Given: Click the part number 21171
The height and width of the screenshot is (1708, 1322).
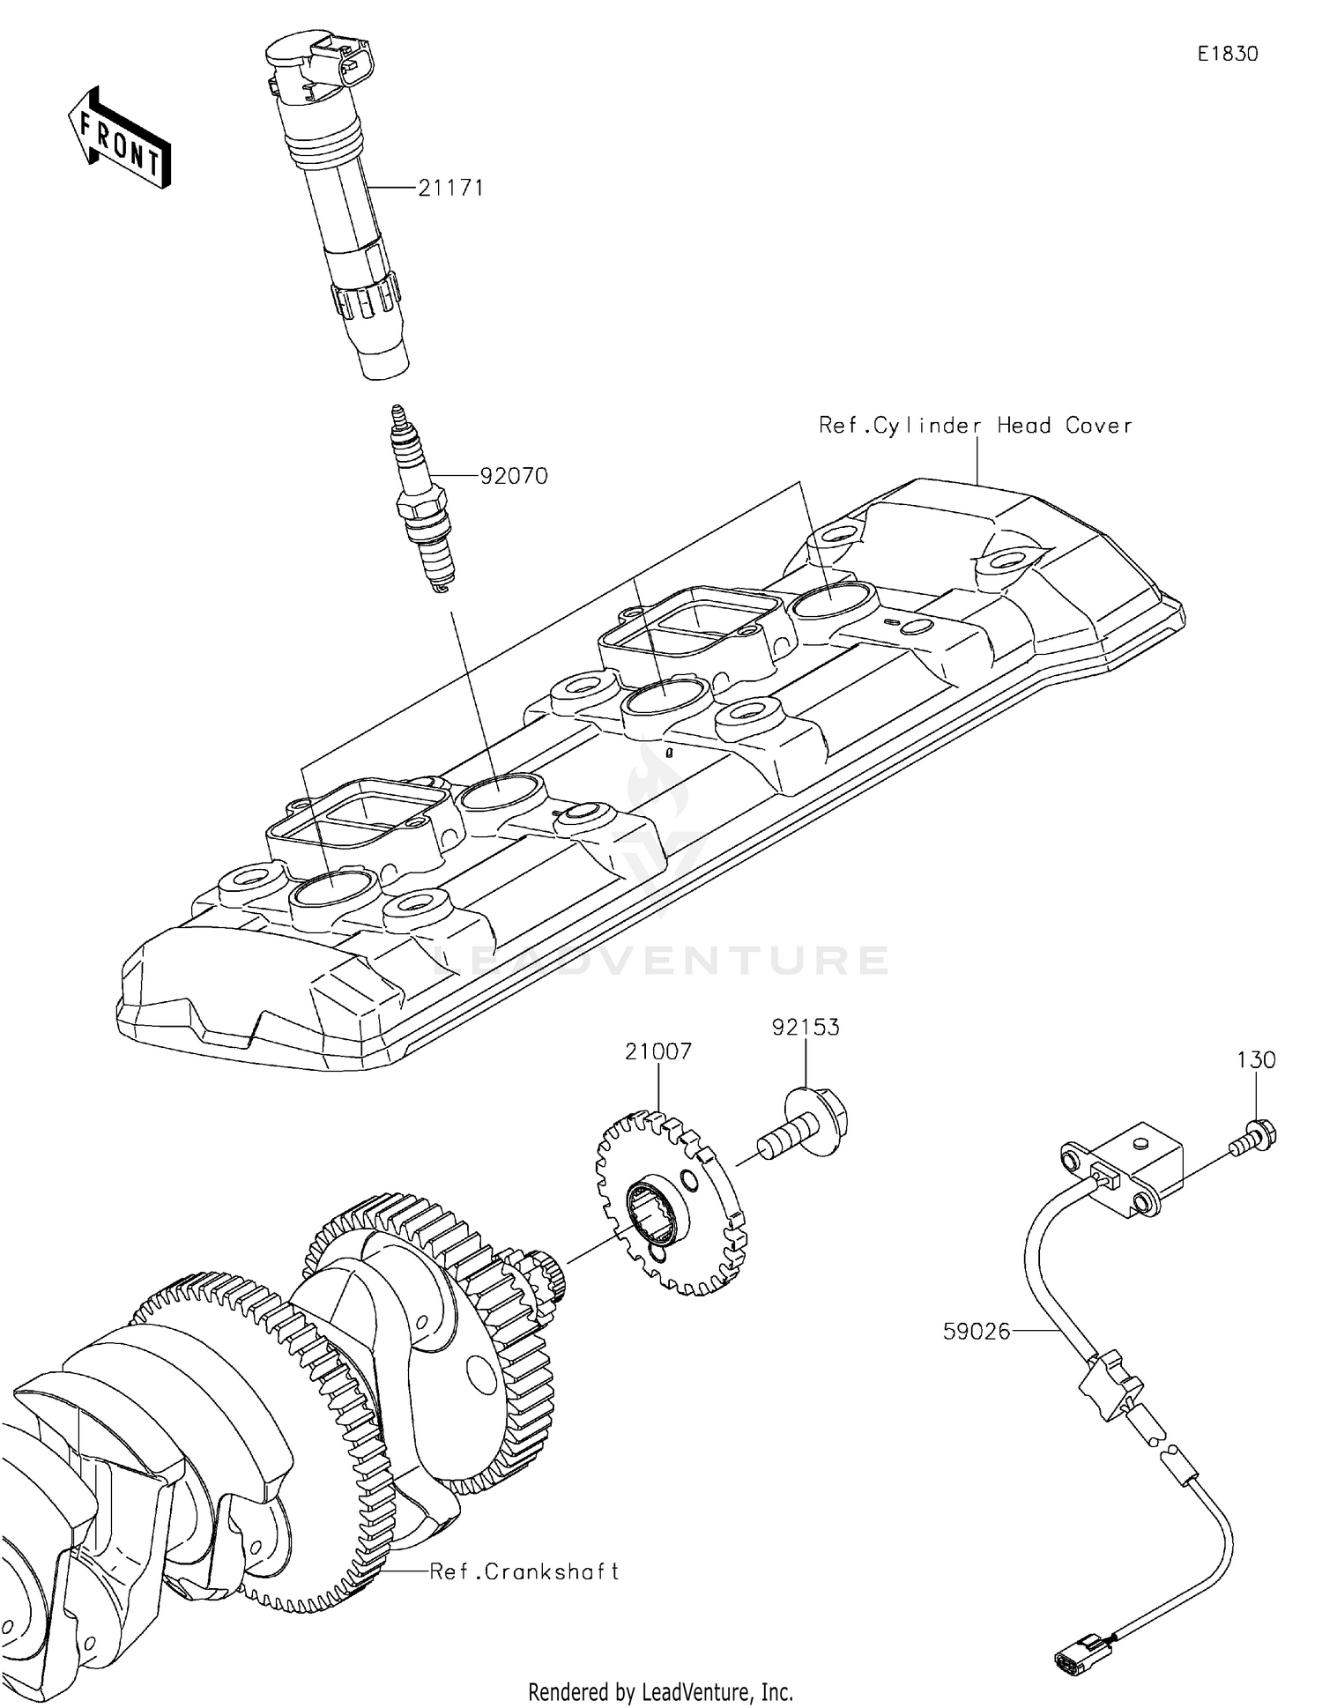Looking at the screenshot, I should (x=450, y=188).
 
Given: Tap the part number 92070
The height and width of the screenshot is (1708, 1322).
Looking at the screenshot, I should (x=514, y=476).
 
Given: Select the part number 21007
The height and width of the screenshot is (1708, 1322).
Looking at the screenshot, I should (x=658, y=1051).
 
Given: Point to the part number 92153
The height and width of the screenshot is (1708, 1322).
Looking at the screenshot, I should (x=806, y=1027).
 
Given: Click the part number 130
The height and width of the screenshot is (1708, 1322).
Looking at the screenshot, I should (x=1256, y=1060).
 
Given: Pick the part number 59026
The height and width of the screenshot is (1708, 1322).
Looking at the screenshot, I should (x=976, y=1332).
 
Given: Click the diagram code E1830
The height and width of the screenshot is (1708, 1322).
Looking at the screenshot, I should (x=1227, y=55).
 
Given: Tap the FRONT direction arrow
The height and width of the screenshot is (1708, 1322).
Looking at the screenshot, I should (x=119, y=138).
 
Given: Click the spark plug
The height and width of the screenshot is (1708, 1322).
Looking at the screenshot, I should (x=422, y=502).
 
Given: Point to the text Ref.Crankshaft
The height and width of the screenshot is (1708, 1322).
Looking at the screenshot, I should (x=524, y=1571).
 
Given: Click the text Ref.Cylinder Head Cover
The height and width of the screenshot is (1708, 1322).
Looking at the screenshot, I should (x=975, y=426).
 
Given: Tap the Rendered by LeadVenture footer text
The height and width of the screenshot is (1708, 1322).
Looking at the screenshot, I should (x=660, y=1692).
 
